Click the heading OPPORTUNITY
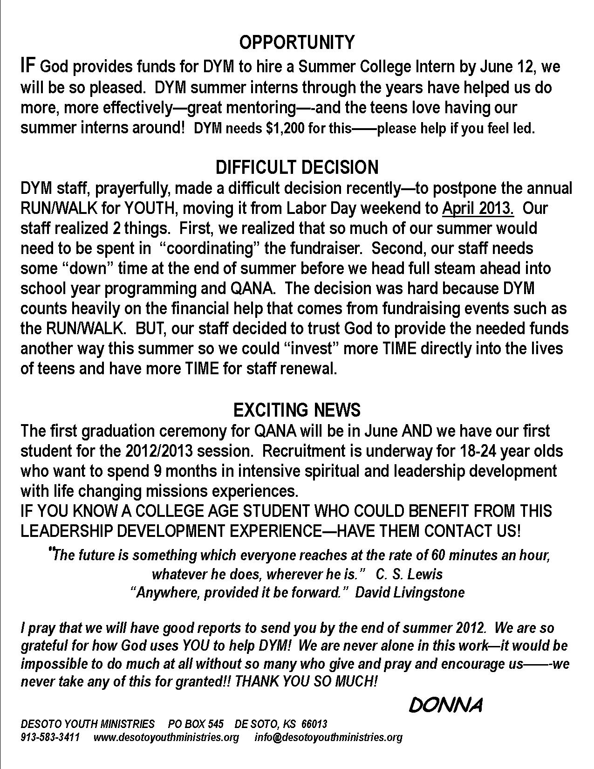[x=297, y=42]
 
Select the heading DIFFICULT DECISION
[x=297, y=167]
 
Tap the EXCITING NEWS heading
[x=297, y=410]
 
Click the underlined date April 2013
[x=478, y=208]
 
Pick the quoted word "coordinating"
[x=209, y=248]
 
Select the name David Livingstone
[x=410, y=592]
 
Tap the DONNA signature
[x=445, y=706]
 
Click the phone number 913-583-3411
[x=50, y=737]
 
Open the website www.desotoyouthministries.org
[x=166, y=737]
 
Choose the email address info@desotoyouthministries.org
[x=328, y=737]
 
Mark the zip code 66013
[x=314, y=724]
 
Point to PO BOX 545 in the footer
[x=196, y=724]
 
